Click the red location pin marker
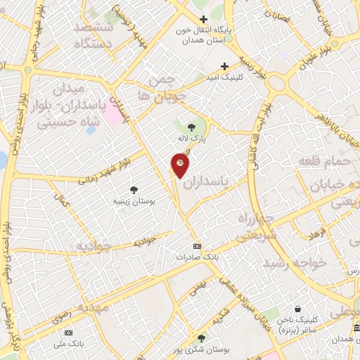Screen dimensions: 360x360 tap(180, 165)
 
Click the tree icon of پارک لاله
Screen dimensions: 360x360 tap(192, 127)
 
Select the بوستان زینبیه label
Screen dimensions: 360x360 tap(134, 201)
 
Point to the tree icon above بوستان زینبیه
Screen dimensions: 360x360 tap(134, 189)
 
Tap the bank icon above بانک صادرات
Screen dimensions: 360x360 tap(197, 246)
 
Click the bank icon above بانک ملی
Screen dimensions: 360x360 tap(68, 333)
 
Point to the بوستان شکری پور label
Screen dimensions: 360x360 tap(202, 349)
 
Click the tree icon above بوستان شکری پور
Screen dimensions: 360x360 tap(202, 337)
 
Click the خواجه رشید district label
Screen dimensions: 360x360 tap(295, 262)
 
